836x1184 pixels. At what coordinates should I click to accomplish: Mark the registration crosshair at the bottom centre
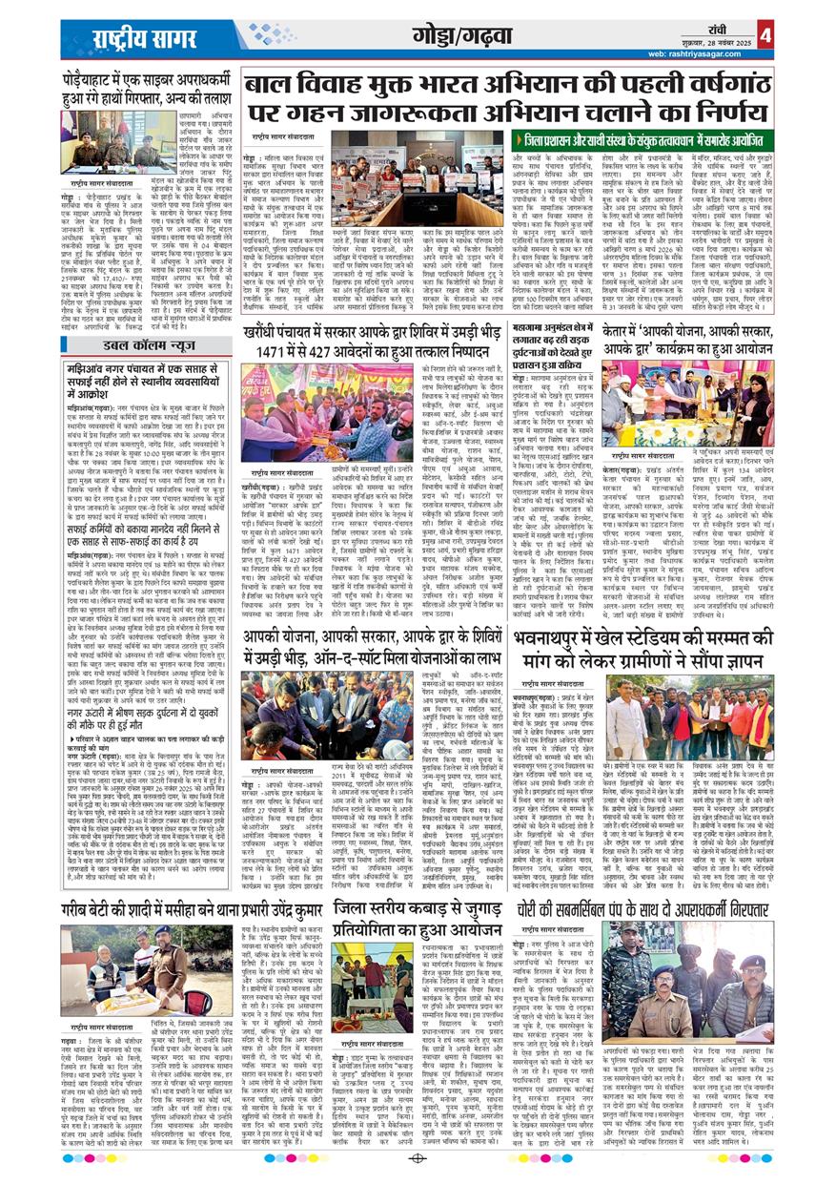pos(417,1158)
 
